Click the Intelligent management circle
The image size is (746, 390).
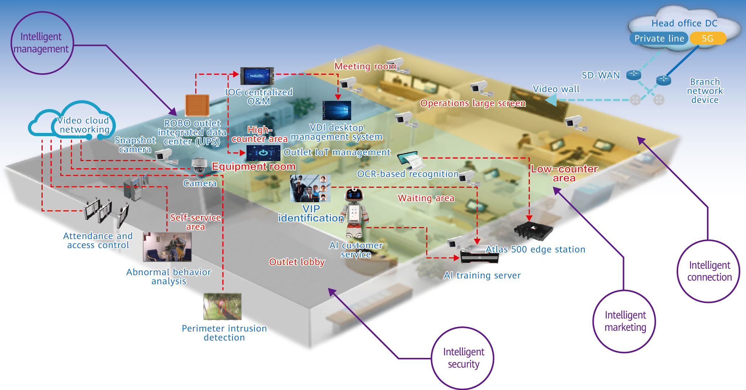click(42, 43)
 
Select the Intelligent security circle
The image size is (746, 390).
click(463, 358)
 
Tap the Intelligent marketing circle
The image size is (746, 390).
click(624, 321)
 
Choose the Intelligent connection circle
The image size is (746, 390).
click(708, 271)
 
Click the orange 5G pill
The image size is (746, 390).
click(707, 38)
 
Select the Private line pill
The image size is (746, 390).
click(659, 38)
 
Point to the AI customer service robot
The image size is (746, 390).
click(355, 213)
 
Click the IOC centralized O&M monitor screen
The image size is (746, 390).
click(257, 76)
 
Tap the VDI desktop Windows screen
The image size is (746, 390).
click(336, 110)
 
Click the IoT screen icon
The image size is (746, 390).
click(263, 153)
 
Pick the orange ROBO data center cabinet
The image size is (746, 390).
click(197, 105)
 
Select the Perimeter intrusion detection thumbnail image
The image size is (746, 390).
click(222, 306)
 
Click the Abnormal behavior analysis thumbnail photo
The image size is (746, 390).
click(167, 247)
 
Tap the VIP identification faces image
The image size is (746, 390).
click(310, 188)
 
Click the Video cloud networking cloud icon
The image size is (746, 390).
click(72, 121)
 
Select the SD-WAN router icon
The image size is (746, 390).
click(633, 75)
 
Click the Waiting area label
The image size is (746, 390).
click(426, 198)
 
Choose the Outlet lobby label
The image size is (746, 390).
click(297, 262)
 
